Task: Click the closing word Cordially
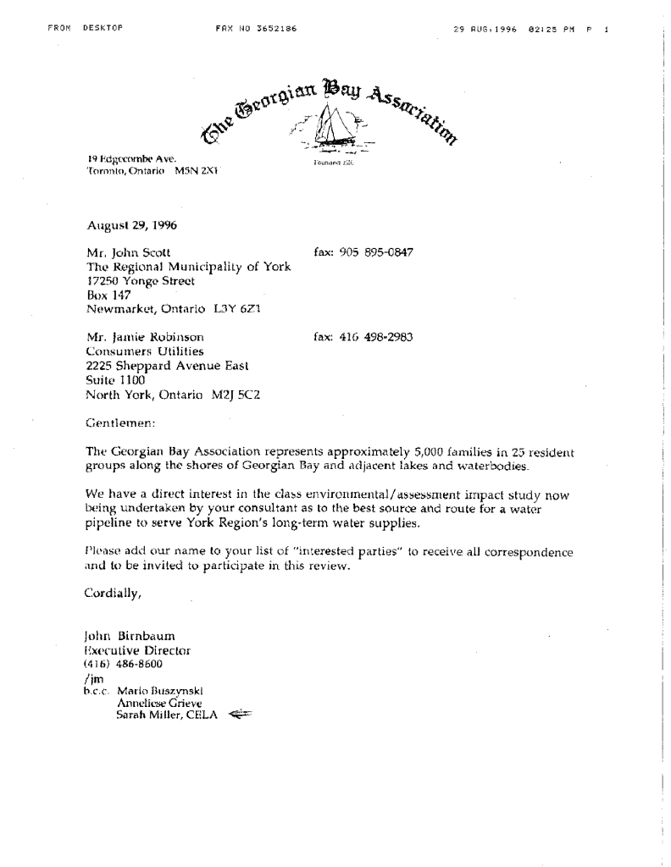114,593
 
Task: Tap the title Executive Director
137,650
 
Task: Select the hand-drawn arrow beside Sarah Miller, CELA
241,714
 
